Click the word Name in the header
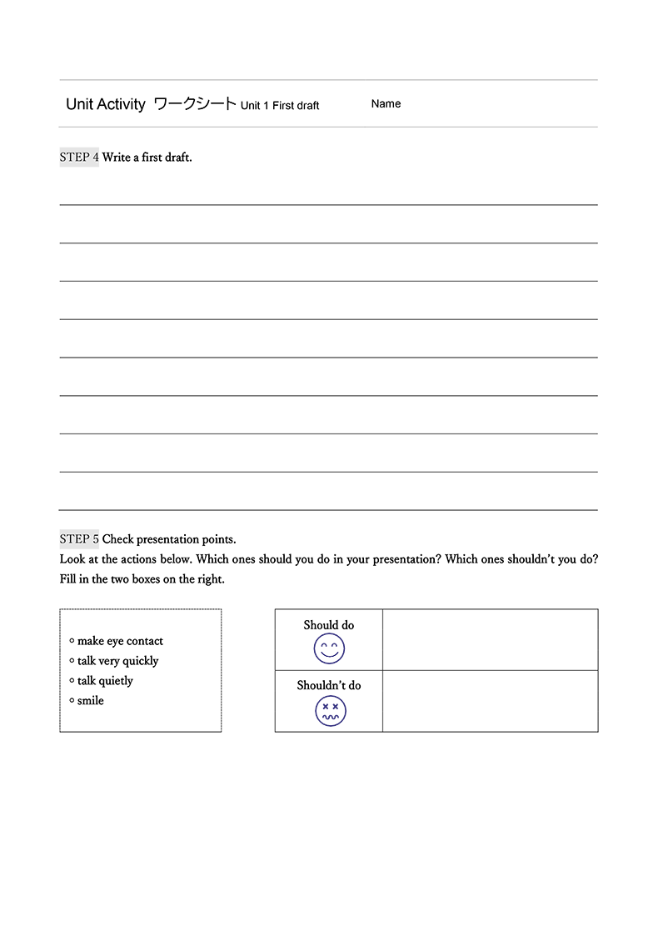click(386, 104)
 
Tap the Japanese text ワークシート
click(195, 104)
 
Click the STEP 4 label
click(79, 157)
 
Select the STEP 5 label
click(79, 539)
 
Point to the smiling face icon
click(329, 648)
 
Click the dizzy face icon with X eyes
click(330, 711)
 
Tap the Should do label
click(329, 625)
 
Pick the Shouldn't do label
click(329, 685)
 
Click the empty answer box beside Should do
click(490, 639)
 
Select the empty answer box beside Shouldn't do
click(490, 701)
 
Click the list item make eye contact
click(120, 641)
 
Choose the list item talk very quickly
click(117, 661)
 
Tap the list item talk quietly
click(105, 681)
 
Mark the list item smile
click(91, 701)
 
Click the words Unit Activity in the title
click(106, 104)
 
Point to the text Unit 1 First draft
click(280, 106)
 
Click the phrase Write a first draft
click(147, 157)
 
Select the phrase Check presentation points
click(169, 539)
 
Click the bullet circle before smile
click(72, 700)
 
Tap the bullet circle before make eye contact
click(72, 640)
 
